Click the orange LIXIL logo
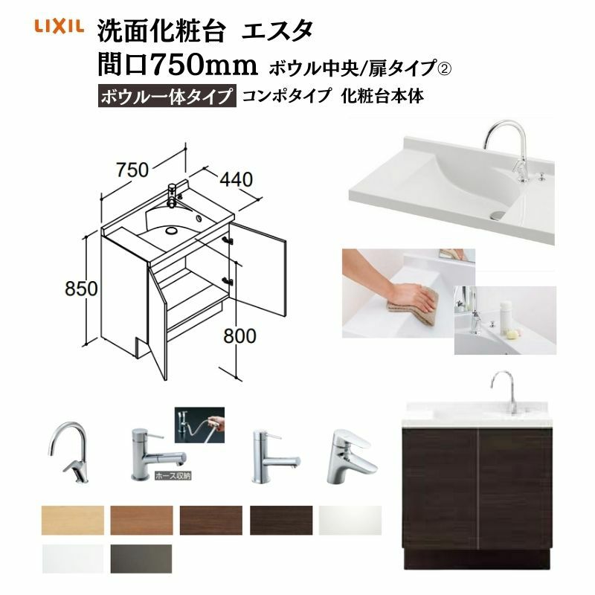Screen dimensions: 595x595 [59, 26]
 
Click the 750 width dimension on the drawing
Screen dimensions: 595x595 [132, 170]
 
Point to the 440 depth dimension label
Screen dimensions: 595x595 [237, 179]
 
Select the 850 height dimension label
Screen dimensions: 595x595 [81, 289]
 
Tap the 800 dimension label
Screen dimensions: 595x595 [239, 336]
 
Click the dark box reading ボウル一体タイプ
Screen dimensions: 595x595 [167, 97]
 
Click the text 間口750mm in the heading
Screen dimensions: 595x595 [178, 65]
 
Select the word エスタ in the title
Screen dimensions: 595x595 [277, 30]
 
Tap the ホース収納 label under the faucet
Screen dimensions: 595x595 [173, 476]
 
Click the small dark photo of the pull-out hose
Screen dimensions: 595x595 [199, 425]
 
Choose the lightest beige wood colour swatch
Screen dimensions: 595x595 [72, 520]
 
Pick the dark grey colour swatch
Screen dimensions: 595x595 [141, 559]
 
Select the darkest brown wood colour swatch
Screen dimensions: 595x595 [281, 520]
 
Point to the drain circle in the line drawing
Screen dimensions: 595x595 [171, 230]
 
